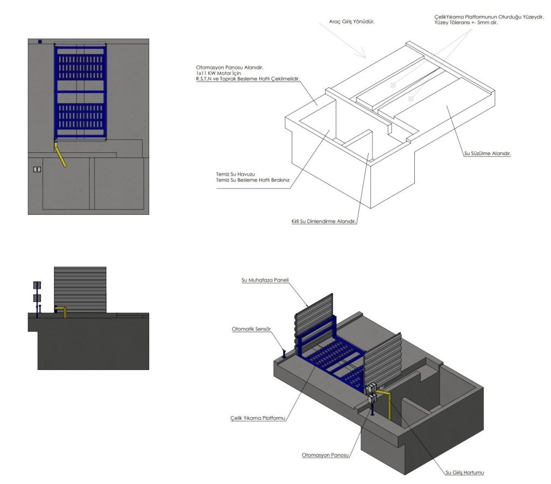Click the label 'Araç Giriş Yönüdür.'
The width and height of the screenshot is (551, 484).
[x=352, y=22]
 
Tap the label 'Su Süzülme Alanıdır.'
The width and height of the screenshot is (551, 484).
[x=488, y=153]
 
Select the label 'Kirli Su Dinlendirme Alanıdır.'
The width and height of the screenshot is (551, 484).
[x=323, y=221]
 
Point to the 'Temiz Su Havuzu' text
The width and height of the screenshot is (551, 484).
[x=236, y=174]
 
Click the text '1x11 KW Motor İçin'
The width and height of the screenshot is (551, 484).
[x=218, y=73]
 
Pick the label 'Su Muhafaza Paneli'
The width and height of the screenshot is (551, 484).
[x=265, y=280]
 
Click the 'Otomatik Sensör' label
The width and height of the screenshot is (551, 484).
[x=251, y=329]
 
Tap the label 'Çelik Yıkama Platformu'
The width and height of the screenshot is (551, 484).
[x=258, y=418]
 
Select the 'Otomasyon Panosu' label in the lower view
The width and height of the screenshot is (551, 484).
[x=325, y=455]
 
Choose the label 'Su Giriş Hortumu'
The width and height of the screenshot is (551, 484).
[x=464, y=472]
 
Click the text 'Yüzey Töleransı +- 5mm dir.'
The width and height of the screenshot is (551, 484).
[x=466, y=23]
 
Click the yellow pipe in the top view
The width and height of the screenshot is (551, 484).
[x=60, y=155]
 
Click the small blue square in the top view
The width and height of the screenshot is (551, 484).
[x=40, y=41]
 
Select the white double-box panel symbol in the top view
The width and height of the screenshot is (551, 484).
[x=37, y=170]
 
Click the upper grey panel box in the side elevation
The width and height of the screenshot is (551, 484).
[x=37, y=285]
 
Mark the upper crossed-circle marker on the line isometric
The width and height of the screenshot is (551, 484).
[x=393, y=85]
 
